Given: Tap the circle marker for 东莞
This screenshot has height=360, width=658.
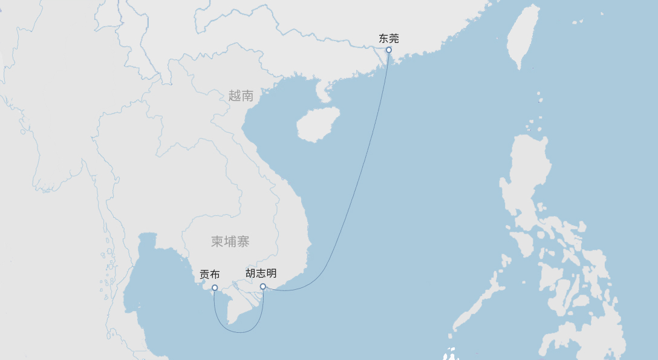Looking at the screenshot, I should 389,50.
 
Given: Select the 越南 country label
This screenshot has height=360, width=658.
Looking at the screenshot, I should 241,96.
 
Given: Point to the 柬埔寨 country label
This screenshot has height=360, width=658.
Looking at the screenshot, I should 230,242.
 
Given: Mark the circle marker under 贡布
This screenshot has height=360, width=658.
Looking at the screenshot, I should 215,288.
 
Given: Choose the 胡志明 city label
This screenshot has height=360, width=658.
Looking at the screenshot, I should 261,273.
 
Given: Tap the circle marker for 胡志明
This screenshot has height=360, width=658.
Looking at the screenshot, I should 263,287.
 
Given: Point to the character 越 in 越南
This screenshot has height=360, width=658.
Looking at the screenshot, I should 235,96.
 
